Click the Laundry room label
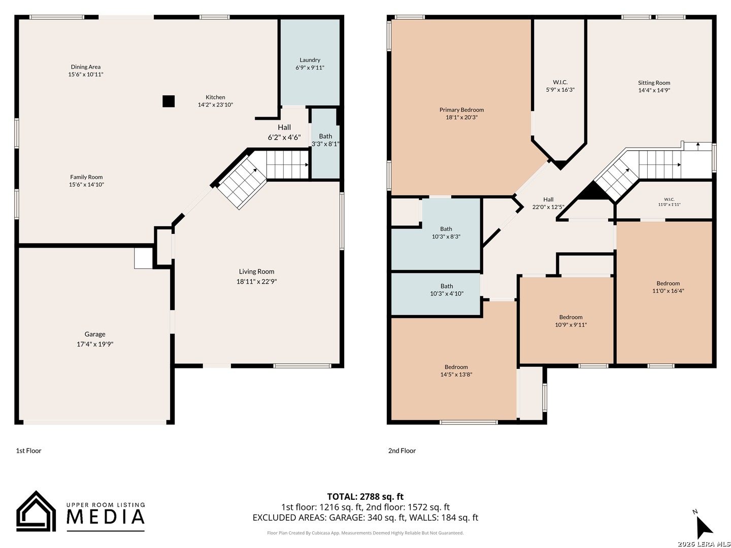pos(309,60)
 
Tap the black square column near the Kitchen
pos(169,101)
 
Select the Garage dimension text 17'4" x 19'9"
pos(95,344)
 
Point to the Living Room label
pos(256,271)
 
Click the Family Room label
pos(86,177)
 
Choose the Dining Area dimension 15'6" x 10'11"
pos(86,74)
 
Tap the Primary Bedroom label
pos(461,110)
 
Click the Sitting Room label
pos(654,83)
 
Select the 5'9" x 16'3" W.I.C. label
pos(560,86)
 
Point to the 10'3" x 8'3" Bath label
pos(446,232)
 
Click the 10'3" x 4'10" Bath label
pos(447,290)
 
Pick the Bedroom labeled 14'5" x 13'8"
pos(456,370)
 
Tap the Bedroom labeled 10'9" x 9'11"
pos(571,321)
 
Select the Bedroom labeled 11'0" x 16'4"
pos(668,287)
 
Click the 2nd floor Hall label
pos(548,199)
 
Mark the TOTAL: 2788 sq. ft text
pos(365,496)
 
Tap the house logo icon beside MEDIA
pos(36,511)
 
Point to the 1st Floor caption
pos(28,451)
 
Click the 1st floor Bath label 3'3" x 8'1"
pos(325,140)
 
